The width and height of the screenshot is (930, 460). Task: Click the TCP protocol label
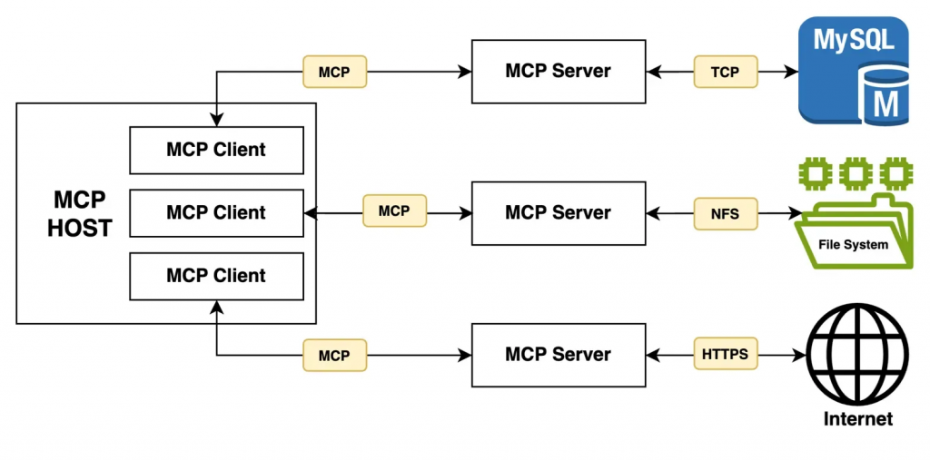(x=725, y=72)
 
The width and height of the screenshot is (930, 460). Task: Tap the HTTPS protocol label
(x=725, y=355)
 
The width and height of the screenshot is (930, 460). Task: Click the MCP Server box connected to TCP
(x=559, y=72)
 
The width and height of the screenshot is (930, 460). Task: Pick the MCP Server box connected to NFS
(x=559, y=213)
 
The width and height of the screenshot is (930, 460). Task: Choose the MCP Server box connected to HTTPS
(x=559, y=355)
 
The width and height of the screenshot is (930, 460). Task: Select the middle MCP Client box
(x=216, y=213)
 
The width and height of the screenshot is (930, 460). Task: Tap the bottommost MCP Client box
(x=216, y=276)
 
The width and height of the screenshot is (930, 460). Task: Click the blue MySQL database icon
(x=853, y=71)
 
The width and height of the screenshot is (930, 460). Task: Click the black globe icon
(x=858, y=355)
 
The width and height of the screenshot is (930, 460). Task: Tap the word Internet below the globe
(x=858, y=419)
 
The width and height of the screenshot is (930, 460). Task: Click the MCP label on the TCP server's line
(x=333, y=72)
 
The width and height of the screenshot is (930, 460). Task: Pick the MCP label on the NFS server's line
(x=393, y=211)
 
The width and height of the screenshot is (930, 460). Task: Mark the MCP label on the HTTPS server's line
(x=333, y=356)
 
